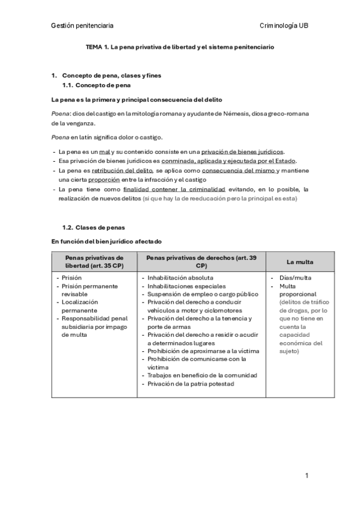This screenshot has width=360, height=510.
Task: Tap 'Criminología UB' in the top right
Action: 284,26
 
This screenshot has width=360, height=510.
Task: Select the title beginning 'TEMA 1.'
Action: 180,47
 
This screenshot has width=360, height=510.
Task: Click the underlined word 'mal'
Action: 105,152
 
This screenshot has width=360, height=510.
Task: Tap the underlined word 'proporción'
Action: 103,179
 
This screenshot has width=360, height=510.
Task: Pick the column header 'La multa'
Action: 300,262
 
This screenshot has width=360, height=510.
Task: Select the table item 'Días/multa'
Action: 295,278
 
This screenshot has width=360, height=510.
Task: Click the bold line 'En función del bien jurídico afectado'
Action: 106,241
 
